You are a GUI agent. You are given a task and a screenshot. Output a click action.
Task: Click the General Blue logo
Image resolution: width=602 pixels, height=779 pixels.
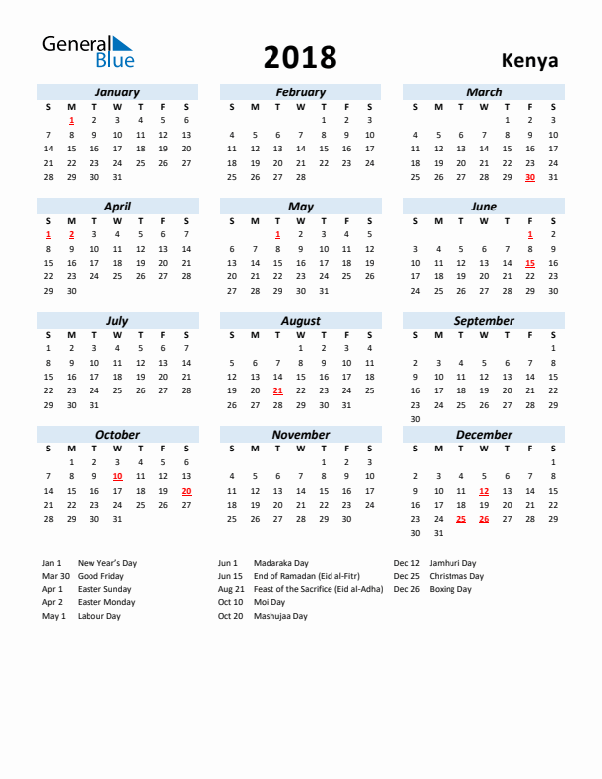87,51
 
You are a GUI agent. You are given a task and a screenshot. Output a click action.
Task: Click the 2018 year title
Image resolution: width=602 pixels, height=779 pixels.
300,58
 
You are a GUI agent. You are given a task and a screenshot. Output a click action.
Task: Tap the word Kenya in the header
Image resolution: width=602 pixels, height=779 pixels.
529,60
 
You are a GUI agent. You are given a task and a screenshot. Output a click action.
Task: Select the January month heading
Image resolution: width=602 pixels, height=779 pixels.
117,92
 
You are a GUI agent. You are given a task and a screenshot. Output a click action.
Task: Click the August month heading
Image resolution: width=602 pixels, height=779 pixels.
300,321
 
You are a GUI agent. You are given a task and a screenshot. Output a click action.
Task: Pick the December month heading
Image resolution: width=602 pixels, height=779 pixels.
484,435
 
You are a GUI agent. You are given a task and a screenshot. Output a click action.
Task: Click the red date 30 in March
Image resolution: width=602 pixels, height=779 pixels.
530,177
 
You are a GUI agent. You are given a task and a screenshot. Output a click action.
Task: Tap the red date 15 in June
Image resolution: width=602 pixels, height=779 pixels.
530,263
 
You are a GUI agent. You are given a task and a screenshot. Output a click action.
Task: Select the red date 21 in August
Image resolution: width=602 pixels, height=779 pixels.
277,390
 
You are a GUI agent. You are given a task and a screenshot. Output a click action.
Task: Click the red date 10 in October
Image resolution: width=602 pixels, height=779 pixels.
117,476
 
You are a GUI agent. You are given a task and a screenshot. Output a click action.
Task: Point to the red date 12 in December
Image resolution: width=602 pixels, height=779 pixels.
484,491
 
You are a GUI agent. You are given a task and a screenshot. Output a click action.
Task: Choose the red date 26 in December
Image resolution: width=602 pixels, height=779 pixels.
484,519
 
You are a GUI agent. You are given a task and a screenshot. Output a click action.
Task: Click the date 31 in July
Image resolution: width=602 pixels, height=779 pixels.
94,405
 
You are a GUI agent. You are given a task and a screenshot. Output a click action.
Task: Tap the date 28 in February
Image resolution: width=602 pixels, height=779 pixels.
300,177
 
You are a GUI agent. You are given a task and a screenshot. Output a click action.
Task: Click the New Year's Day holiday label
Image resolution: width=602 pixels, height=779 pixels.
107,563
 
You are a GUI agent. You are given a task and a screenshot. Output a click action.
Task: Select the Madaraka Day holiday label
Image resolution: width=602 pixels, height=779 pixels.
281,563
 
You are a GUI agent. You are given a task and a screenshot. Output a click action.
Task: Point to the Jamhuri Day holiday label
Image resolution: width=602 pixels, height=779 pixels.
452,563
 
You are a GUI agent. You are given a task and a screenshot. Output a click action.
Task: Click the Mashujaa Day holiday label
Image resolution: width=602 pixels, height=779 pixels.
280,616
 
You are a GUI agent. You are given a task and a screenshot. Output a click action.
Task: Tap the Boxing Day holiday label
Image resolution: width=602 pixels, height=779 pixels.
451,589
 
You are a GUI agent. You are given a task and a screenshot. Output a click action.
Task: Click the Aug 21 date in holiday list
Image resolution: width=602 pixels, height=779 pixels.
231,589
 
